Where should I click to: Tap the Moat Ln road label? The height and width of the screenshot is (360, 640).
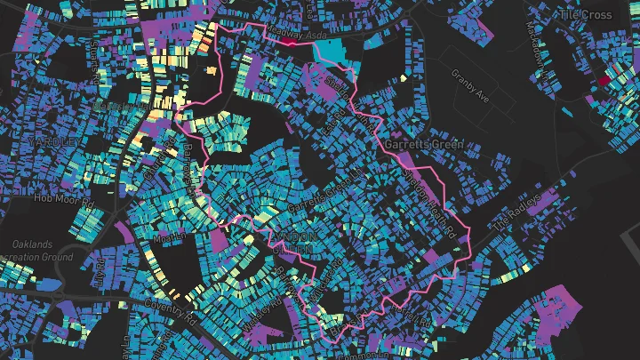click(169, 238)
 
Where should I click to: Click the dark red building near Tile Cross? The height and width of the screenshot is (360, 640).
click(604, 81)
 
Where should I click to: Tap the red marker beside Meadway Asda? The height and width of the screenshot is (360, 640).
click(291, 41)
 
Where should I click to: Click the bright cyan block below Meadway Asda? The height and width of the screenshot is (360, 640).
click(334, 52)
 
